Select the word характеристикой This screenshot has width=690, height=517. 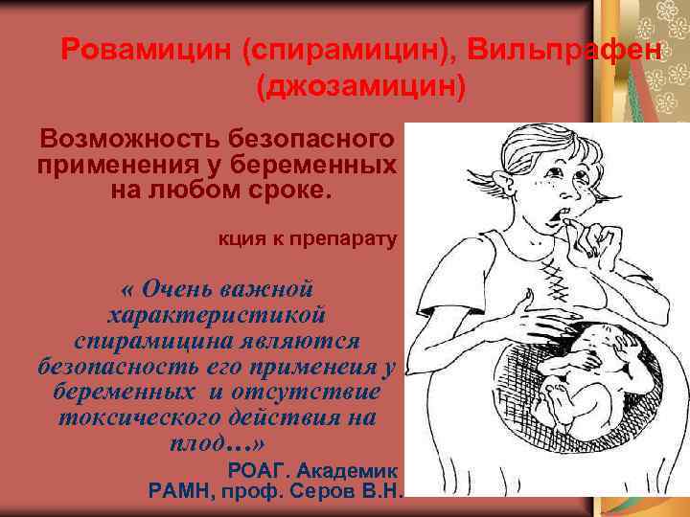coord(218,314)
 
